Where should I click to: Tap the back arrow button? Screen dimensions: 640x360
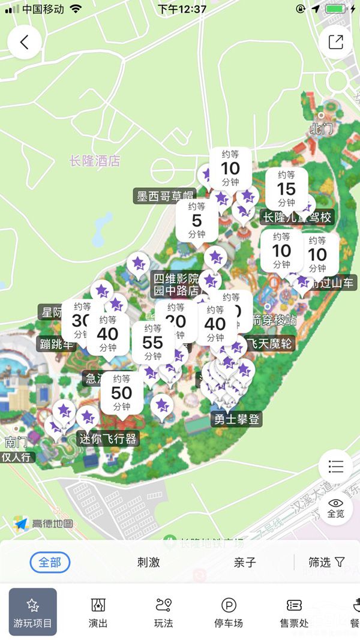point(24,43)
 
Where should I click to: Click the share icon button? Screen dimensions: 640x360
point(335,43)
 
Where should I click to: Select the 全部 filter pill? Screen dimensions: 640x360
point(50,562)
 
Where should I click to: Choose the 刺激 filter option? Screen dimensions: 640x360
point(149,562)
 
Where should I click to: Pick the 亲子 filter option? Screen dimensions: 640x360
point(245,562)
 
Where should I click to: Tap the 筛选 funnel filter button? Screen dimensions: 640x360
point(327,562)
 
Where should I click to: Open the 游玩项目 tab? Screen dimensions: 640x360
point(33,612)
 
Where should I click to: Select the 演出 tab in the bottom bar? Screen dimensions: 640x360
point(98,612)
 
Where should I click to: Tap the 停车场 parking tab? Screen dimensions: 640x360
point(229,612)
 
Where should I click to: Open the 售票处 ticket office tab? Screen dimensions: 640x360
point(294,612)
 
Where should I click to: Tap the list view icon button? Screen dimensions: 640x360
point(335,466)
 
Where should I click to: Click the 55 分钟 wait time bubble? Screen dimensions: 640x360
point(153,342)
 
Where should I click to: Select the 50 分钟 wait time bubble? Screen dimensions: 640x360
point(122,392)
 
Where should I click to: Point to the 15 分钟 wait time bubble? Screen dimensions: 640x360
point(286,188)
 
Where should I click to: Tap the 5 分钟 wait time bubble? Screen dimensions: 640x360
point(197,220)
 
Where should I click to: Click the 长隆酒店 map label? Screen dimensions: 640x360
point(95,161)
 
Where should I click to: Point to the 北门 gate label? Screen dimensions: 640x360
point(320,128)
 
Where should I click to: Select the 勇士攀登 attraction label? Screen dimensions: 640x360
point(238,419)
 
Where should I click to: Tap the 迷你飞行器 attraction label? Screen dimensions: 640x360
point(109,438)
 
